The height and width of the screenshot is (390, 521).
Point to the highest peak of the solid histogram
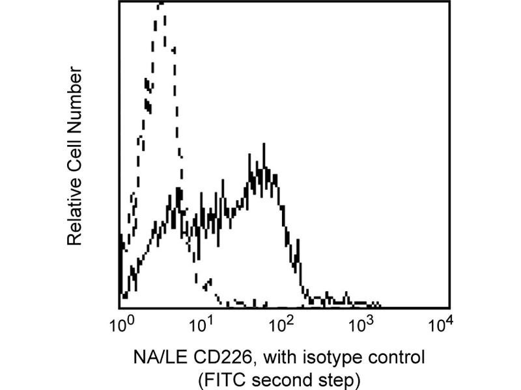[264, 146]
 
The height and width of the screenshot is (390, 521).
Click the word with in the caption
[273, 357]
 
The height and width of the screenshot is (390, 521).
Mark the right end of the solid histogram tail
[380, 304]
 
